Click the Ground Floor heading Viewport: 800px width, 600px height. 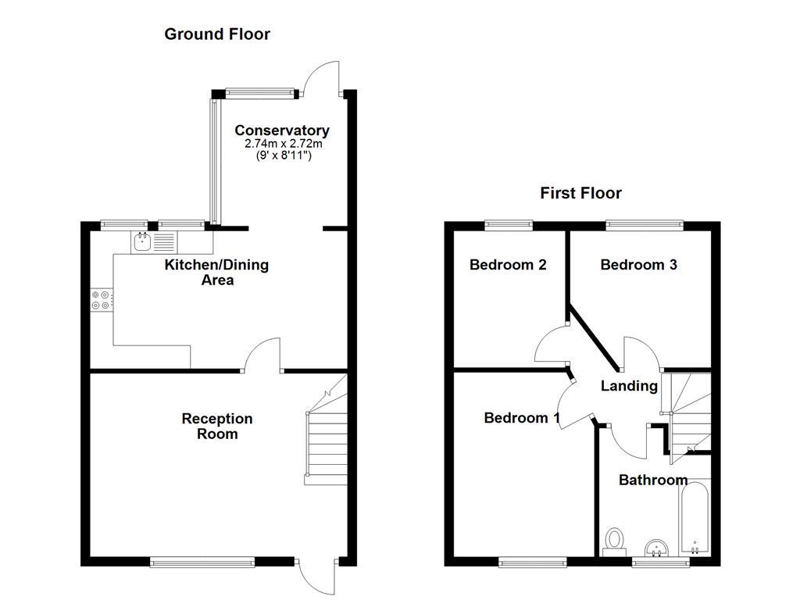tap(216, 34)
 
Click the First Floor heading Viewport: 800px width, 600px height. tap(580, 193)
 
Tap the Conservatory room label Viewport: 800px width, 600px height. tap(281, 130)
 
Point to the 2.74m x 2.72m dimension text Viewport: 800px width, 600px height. tap(283, 144)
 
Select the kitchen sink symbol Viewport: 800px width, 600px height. tap(143, 242)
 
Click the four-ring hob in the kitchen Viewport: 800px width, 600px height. tap(102, 300)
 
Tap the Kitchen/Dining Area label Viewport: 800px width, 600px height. tap(216, 272)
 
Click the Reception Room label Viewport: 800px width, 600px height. tap(216, 426)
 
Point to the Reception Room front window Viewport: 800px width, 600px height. tap(202, 561)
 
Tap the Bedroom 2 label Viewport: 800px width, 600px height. tap(507, 265)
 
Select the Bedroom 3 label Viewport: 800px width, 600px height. tap(638, 265)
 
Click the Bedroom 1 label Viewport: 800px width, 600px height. tap(521, 418)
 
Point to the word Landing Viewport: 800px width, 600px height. tap(628, 386)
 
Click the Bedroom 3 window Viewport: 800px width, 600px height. tap(645, 226)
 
